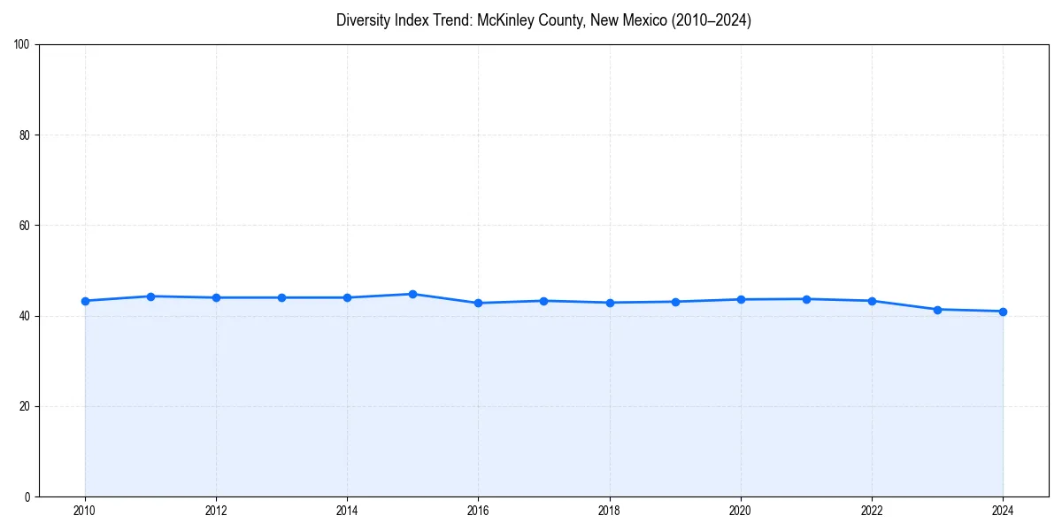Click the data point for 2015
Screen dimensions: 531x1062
(x=412, y=294)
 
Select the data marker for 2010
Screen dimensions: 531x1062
(x=85, y=301)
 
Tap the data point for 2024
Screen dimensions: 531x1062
(x=1003, y=312)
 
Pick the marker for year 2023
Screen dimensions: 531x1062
(x=937, y=310)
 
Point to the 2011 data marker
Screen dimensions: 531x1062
(x=150, y=296)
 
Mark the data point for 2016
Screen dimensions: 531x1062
(x=478, y=303)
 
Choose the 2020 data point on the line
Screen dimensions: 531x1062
(x=741, y=299)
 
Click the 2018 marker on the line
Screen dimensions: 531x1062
(x=610, y=303)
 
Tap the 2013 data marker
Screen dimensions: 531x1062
(x=281, y=297)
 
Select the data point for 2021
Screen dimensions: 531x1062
(x=806, y=299)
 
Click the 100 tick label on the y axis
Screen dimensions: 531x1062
(x=22, y=45)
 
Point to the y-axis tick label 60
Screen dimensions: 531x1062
(x=25, y=226)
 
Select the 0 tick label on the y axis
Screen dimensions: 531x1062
(x=27, y=496)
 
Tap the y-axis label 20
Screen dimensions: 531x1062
(x=25, y=406)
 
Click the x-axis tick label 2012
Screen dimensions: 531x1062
(x=216, y=511)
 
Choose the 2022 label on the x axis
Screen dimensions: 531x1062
(x=872, y=511)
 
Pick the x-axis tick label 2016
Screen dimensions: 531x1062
(x=478, y=511)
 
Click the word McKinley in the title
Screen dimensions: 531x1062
(x=505, y=20)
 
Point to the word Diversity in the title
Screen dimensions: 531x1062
(x=364, y=20)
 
